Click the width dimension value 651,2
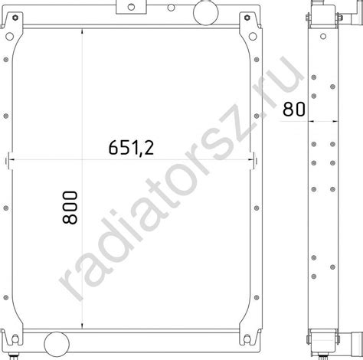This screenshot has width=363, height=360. (x=131, y=148)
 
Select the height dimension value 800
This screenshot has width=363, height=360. (x=70, y=208)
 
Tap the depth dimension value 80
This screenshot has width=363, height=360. (x=294, y=109)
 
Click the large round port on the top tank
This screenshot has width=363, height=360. (x=206, y=12)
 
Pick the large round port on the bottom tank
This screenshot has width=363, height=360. (x=57, y=344)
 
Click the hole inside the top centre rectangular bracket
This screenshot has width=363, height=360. (x=131, y=7)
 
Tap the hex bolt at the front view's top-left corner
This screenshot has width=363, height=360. (x=15, y=18)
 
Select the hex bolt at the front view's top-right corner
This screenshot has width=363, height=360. (x=247, y=18)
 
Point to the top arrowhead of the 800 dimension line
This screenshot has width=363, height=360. (x=82, y=31)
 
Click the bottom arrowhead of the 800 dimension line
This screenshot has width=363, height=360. (x=82, y=326)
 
